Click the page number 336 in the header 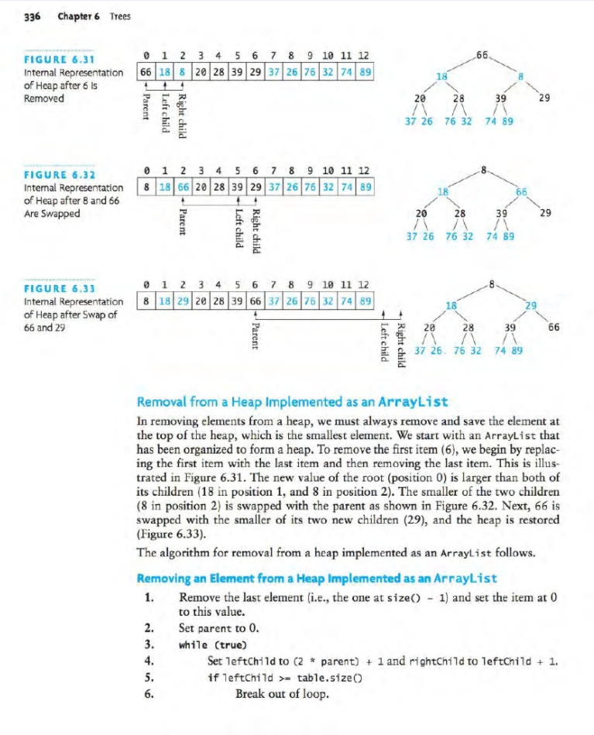[x=34, y=17]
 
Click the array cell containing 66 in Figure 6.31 [x=144, y=70]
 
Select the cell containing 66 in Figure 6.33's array [x=252, y=301]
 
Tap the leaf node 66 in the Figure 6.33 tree [x=553, y=328]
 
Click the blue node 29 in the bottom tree [x=530, y=307]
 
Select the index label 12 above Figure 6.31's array [x=362, y=54]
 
